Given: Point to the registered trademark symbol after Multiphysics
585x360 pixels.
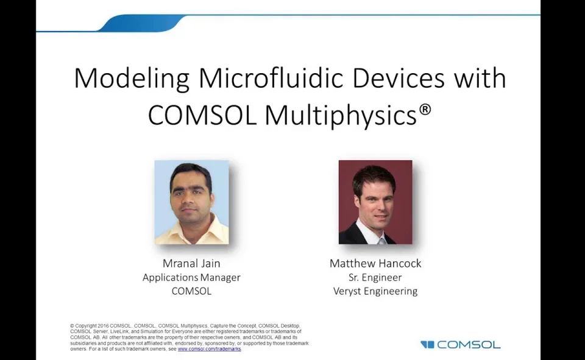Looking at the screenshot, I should point(425,110).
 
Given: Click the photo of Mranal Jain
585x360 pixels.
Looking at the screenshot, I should point(191,202).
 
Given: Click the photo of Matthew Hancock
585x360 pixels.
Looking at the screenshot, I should point(375,202).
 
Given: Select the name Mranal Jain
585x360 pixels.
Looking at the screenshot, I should point(191,263).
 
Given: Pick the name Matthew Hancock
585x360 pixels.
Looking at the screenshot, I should point(375,263).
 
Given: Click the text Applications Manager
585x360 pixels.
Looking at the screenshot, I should point(191,277).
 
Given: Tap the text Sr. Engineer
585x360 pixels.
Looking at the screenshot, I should point(375,277).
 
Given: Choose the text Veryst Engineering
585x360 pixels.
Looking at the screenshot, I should point(375,291).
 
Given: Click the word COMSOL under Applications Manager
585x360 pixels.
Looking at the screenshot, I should point(191,291).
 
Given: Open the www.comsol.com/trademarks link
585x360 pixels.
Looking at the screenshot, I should point(209,349).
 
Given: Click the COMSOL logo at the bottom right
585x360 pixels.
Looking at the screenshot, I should point(461,345).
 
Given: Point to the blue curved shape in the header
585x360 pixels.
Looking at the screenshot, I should point(140,23).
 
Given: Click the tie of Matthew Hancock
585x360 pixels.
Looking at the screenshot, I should point(381,239).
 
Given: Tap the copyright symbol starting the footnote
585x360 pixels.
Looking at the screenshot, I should point(72,326).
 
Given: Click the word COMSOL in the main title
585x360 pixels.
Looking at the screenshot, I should point(202,115).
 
